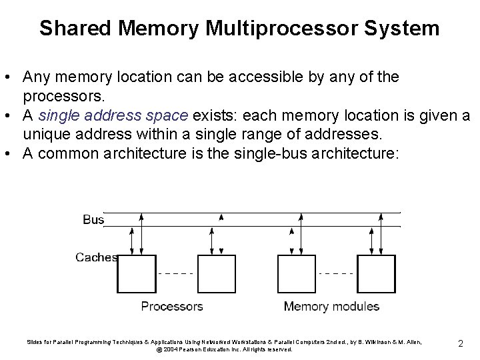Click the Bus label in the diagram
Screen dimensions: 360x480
93,219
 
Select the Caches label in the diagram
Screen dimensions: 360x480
97,257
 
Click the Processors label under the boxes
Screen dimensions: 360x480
172,307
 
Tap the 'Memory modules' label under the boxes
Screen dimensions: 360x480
331,307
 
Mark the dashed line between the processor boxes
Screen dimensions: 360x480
176,273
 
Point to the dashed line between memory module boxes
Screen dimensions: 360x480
337,273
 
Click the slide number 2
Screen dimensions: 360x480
461,344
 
